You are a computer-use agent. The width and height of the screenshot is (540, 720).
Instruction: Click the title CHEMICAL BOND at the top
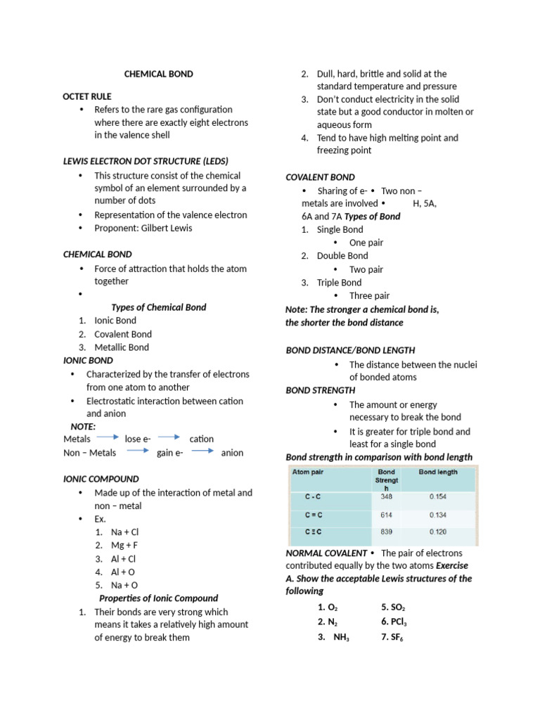(158, 74)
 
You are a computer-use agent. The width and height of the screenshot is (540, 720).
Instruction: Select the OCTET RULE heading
(87, 96)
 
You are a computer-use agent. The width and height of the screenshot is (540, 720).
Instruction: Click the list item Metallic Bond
(122, 347)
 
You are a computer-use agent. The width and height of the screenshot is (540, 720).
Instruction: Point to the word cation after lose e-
(202, 439)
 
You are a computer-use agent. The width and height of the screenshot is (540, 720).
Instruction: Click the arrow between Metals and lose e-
(108, 438)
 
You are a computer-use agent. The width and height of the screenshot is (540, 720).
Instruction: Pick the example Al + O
(123, 572)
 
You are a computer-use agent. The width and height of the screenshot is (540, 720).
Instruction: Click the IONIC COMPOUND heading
(101, 479)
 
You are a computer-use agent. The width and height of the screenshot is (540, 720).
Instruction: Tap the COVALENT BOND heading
(320, 177)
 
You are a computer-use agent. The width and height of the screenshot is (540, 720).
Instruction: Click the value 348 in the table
(386, 496)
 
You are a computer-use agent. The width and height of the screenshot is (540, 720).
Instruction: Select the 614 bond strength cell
(386, 515)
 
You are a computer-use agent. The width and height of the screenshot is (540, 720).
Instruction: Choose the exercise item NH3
(335, 637)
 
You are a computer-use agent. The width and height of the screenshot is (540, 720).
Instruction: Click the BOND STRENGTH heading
(320, 390)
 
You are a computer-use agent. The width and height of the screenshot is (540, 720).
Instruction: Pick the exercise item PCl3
(394, 622)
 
